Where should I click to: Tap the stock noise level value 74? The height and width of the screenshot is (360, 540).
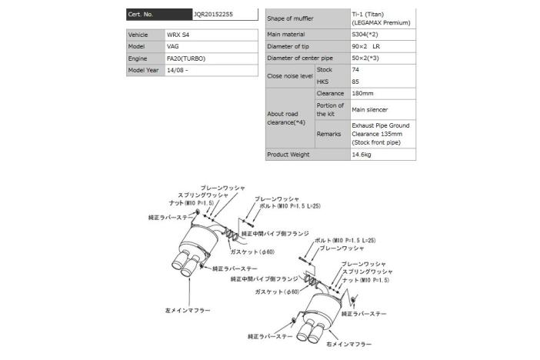pos(355,69)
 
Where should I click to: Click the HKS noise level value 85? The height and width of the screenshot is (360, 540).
pos(355,82)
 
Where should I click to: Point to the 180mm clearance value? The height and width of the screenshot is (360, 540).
pos(363,93)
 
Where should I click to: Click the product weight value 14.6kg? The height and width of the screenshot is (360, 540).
pos(362,154)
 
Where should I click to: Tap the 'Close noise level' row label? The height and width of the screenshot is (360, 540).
pos(289,75)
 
